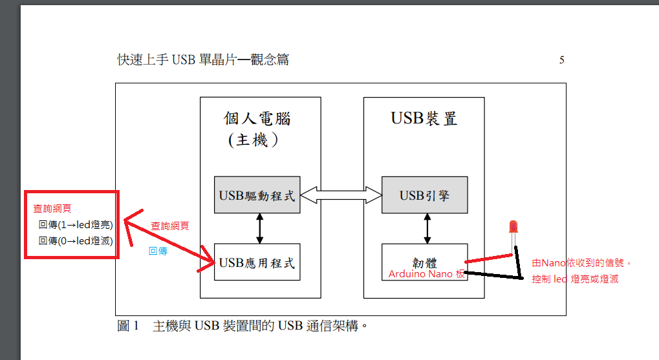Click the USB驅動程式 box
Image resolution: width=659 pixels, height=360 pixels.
coord(257,195)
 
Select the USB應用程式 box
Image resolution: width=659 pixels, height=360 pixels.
coord(257,262)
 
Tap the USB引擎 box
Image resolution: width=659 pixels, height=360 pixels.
coord(424,195)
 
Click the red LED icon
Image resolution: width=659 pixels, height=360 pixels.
coord(513,226)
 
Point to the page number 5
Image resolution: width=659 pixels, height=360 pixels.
coord(562,60)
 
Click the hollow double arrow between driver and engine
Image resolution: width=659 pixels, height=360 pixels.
coord(341,195)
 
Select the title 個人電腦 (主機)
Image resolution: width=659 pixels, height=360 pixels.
coord(257,129)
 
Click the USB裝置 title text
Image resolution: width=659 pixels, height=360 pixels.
coord(424,118)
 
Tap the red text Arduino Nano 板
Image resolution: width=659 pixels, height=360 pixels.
coord(427,274)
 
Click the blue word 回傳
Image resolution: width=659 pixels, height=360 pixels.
coord(158,251)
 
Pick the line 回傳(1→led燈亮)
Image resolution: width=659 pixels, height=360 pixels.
coord(76,225)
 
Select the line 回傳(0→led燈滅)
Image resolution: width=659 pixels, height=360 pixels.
coord(76,241)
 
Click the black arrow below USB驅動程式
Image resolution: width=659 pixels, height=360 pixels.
coord(260,228)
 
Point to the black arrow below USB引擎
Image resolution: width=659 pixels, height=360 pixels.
coord(426,228)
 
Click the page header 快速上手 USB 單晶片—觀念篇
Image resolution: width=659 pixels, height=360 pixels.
coord(203,60)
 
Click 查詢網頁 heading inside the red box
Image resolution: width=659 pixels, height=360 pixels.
coord(52,209)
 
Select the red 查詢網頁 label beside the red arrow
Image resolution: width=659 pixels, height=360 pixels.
coord(170,226)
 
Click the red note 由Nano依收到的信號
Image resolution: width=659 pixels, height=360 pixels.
coord(581,263)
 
